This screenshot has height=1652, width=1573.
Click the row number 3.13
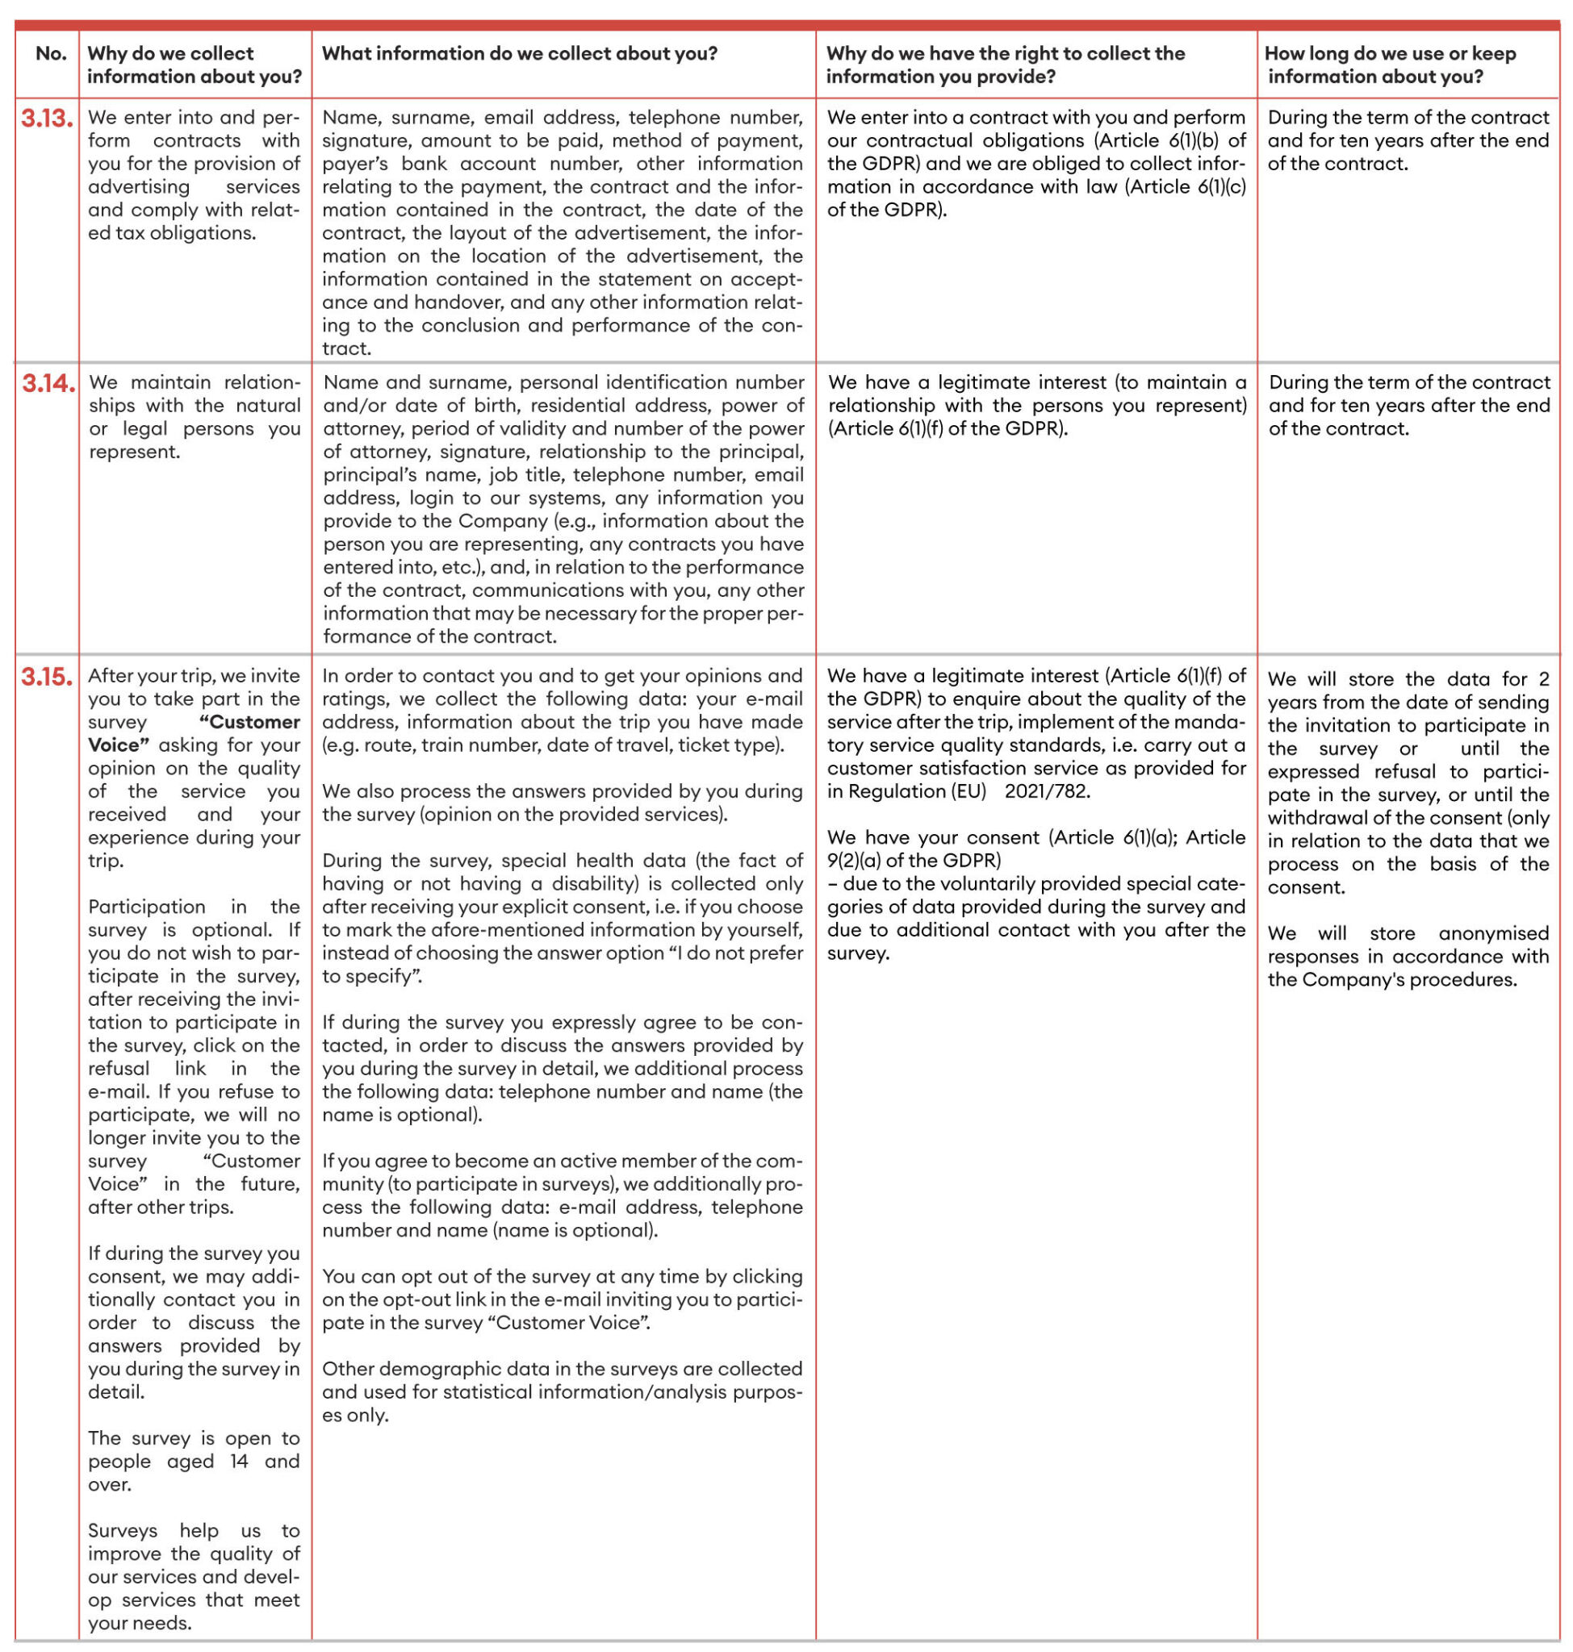click(47, 119)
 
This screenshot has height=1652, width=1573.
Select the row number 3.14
click(48, 383)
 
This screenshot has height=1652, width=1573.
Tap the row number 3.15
click(47, 677)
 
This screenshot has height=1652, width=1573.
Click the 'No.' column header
click(51, 54)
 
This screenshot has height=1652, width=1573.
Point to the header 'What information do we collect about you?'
click(520, 54)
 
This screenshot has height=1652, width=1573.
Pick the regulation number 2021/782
click(1047, 791)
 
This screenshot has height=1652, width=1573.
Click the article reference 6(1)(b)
click(1194, 141)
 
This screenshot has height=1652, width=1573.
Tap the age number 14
click(239, 1461)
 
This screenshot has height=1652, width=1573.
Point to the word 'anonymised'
click(1493, 934)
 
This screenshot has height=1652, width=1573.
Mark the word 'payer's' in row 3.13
click(354, 165)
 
